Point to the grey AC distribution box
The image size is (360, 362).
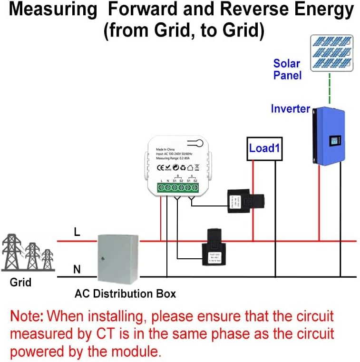click(117, 259)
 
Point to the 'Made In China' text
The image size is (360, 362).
click(165, 149)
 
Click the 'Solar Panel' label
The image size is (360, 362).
click(287, 69)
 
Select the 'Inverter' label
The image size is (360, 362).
click(290, 108)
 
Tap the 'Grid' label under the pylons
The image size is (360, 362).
click(20, 282)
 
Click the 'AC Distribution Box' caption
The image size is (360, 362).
click(125, 294)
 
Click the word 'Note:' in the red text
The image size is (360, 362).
click(28, 315)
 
